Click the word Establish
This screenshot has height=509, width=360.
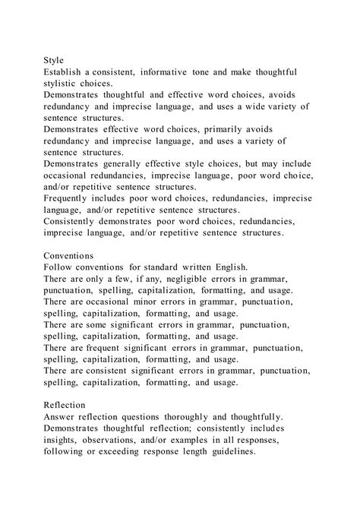click(x=66, y=71)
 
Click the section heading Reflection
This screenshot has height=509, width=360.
click(x=65, y=406)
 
